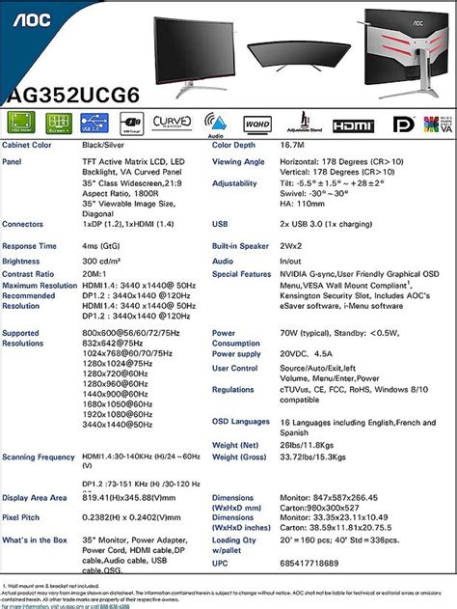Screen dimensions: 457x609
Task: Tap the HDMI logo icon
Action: (x=352, y=125)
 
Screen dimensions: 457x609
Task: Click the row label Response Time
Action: (x=30, y=246)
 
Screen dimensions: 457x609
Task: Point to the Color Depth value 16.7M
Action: (x=293, y=145)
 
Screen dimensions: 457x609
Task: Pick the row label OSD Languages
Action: (x=241, y=421)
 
